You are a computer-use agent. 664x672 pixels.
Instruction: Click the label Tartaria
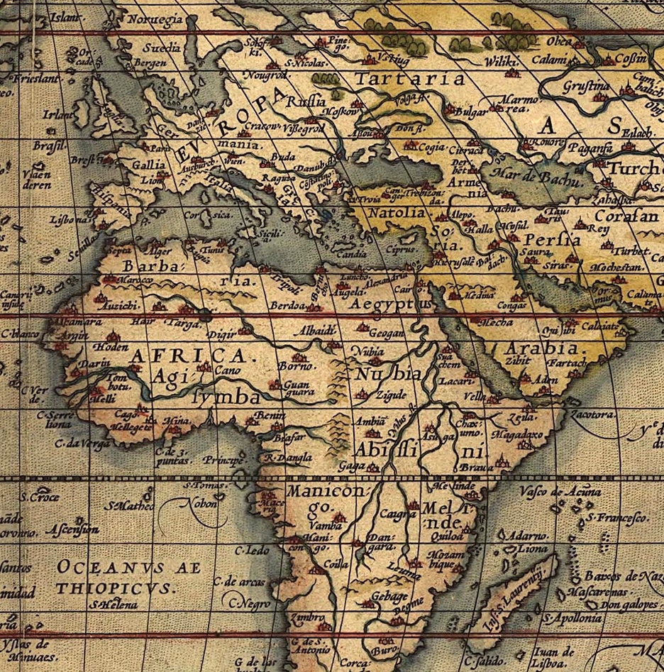pos(409,78)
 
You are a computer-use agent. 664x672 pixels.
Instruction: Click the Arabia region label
pos(541,348)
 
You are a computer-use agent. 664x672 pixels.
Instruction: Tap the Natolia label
pos(396,212)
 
